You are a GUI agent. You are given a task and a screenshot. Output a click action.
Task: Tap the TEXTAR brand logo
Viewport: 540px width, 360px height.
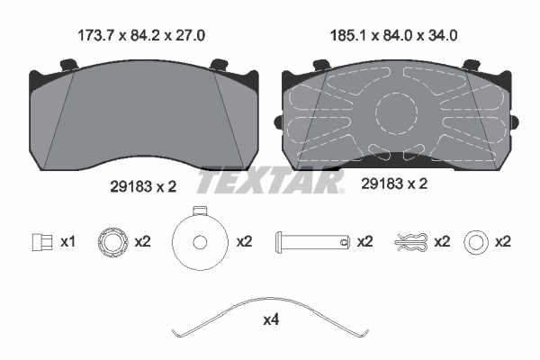click(x=270, y=181)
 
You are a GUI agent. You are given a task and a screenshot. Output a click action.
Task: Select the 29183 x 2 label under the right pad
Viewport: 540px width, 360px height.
click(x=393, y=184)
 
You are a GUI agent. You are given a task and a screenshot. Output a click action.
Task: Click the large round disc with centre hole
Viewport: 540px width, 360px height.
click(x=199, y=240)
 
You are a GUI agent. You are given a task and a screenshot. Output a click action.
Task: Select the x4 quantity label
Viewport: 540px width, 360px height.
click(x=271, y=319)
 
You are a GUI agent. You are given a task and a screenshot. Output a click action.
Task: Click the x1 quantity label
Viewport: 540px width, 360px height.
click(x=67, y=242)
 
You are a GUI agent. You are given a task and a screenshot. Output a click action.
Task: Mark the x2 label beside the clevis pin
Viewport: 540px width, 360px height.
click(x=364, y=242)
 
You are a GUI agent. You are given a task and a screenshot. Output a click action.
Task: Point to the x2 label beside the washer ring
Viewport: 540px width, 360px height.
click(x=502, y=242)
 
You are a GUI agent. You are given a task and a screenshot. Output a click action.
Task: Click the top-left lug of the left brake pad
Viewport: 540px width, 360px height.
click(x=67, y=65)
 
